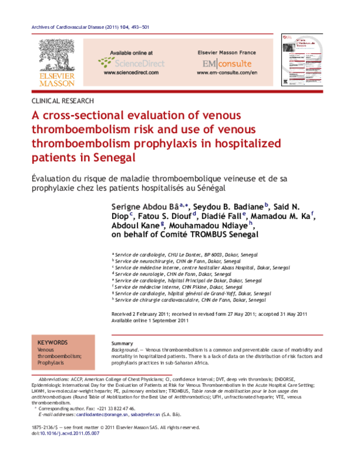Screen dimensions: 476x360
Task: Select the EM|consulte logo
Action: click(227, 63)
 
